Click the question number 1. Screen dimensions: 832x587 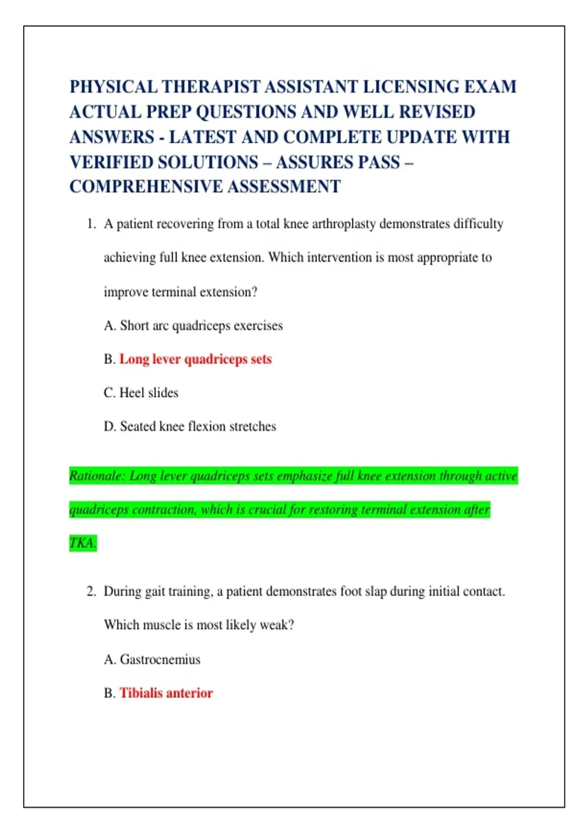click(91, 224)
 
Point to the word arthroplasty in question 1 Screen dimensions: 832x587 click(344, 224)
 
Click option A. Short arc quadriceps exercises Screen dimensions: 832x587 click(193, 325)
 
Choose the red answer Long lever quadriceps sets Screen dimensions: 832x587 click(195, 359)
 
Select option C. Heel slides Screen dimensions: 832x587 click(141, 393)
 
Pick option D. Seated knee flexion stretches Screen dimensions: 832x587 click(190, 426)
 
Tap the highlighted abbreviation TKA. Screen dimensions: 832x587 click(83, 543)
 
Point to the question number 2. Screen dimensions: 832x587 click(91, 591)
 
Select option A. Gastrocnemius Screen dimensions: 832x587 click(152, 659)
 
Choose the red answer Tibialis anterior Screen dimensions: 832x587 click(166, 693)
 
